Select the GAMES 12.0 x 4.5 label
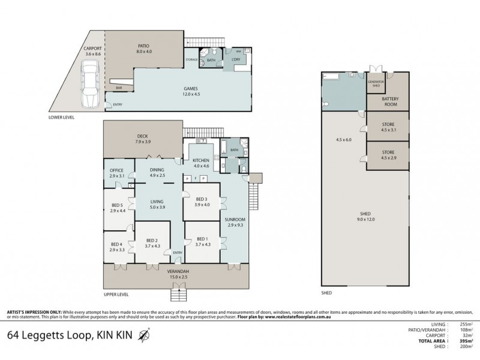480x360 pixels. pyautogui.click(x=192, y=91)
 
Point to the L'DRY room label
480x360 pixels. pyautogui.click(x=236, y=60)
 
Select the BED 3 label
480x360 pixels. pyautogui.click(x=202, y=202)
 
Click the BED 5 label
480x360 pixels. pyautogui.click(x=117, y=208)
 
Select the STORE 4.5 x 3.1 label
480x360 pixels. pyautogui.click(x=387, y=126)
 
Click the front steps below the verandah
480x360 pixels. pyautogui.click(x=179, y=295)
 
